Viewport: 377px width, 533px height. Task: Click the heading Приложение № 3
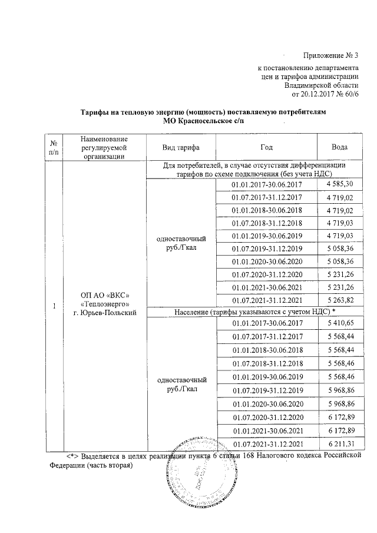coord(330,55)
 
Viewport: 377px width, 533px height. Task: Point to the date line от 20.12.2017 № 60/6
coord(325,93)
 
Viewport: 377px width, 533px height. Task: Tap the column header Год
coord(266,147)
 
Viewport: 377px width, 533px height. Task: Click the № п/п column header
coord(54,147)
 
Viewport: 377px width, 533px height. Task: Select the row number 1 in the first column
coord(54,306)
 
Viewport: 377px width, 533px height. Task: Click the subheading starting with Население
coord(255,311)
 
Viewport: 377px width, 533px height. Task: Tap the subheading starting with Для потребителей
coord(255,170)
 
